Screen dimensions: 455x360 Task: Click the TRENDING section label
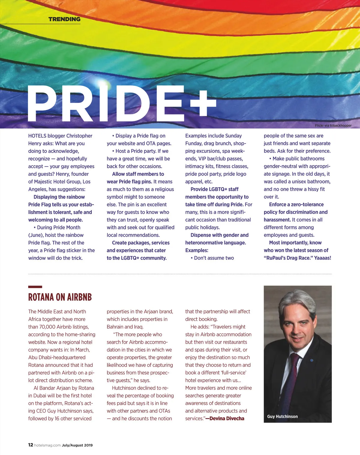64,19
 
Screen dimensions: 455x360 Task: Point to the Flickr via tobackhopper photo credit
333,126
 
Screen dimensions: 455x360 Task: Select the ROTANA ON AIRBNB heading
60,297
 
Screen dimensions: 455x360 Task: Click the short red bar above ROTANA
35,287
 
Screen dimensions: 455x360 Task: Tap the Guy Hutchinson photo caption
282,416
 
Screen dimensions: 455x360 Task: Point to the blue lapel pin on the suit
311,360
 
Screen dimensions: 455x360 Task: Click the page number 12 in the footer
31,445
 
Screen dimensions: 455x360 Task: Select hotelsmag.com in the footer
47,445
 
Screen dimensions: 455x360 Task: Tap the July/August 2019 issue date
77,445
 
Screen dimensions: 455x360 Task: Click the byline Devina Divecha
227,418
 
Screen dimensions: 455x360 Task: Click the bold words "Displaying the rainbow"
59,197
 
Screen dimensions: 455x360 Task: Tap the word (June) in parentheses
36,235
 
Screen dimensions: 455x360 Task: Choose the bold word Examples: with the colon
196,250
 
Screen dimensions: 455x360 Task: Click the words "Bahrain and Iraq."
125,327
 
